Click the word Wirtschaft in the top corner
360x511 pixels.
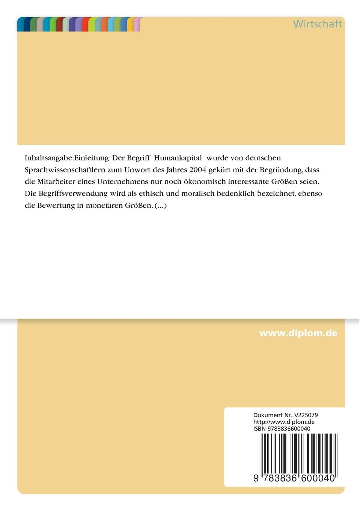click(317, 24)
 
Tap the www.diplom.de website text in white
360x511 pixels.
click(298, 333)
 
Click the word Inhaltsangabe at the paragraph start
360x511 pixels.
click(49, 157)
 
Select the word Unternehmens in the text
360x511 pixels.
click(122, 181)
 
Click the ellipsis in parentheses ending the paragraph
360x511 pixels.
click(161, 206)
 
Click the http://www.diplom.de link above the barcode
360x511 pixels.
click(284, 422)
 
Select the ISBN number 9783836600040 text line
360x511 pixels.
click(282, 428)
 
